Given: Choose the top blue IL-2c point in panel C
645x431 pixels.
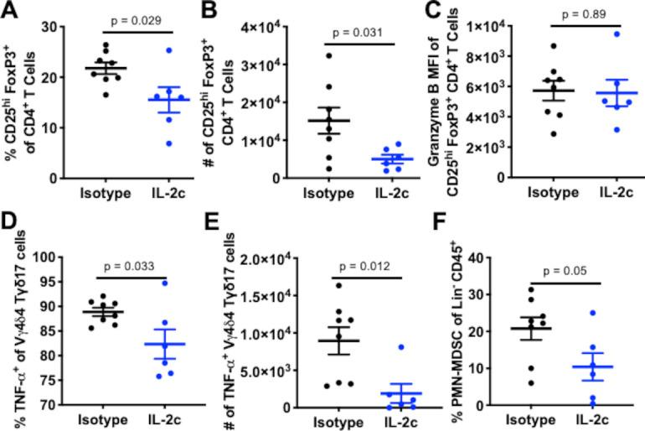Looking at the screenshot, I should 592,34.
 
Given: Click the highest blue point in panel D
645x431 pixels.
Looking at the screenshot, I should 167,283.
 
